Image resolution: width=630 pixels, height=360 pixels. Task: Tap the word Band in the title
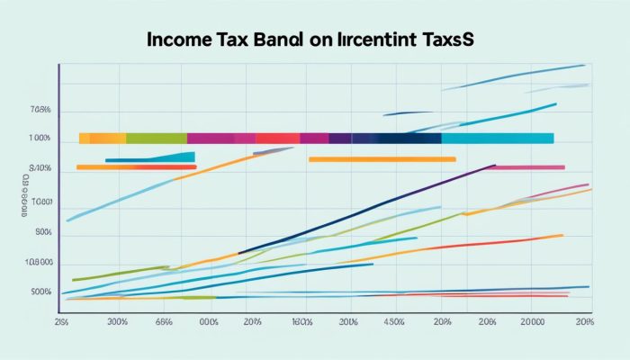tap(275, 41)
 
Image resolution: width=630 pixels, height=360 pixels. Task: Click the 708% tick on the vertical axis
tap(40, 111)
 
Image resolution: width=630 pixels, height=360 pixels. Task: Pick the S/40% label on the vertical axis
tap(40, 168)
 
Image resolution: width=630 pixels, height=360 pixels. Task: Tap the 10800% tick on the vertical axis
tap(40, 263)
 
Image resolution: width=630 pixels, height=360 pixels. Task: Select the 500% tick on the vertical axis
tap(40, 292)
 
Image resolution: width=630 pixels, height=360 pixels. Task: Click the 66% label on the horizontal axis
tap(164, 321)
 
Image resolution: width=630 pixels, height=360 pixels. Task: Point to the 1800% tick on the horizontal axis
tap(301, 321)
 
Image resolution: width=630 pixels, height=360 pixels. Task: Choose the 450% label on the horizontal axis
tap(393, 321)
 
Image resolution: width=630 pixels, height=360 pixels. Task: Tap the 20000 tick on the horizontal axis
tap(534, 321)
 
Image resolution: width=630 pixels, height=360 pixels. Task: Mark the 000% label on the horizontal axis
tap(209, 321)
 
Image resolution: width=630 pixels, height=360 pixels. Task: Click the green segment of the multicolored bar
tap(156, 139)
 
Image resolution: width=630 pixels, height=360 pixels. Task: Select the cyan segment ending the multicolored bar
tap(497, 139)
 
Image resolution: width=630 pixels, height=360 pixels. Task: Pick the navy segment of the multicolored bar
tap(409, 139)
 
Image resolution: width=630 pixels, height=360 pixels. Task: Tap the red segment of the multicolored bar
tap(277, 139)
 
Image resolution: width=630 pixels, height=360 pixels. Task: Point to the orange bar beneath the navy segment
tap(382, 159)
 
